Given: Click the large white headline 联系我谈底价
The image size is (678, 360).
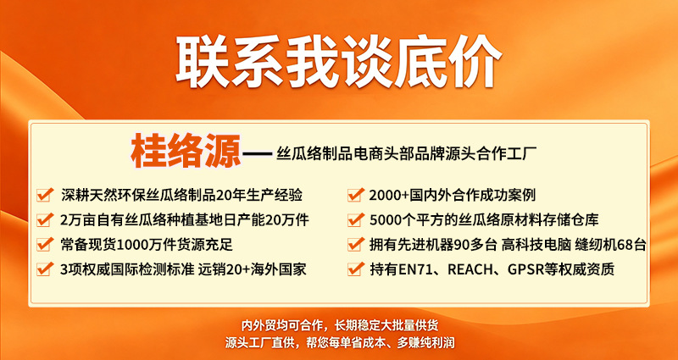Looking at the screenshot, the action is pyautogui.click(x=338, y=62).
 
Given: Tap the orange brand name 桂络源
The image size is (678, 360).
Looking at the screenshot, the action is pyautogui.click(x=186, y=152).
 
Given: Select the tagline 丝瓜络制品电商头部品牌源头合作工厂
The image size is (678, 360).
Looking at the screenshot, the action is pyautogui.click(x=406, y=152).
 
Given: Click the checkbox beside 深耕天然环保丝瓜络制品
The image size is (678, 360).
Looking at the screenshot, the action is pyautogui.click(x=46, y=195).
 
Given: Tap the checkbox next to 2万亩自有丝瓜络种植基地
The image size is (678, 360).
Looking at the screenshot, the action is pyautogui.click(x=46, y=219).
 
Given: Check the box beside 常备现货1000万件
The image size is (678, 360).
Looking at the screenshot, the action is pyautogui.click(x=46, y=244).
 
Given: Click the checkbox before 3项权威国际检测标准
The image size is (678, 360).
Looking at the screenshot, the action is pyautogui.click(x=46, y=269).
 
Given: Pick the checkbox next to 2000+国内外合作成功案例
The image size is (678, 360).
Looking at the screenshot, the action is pyautogui.click(x=355, y=195).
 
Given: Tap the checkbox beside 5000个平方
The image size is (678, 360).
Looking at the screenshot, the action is pyautogui.click(x=355, y=219).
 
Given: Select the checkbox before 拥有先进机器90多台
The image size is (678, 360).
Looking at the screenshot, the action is pyautogui.click(x=355, y=244).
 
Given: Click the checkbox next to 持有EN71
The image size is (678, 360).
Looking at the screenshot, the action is pyautogui.click(x=355, y=269).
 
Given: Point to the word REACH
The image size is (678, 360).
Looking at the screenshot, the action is pyautogui.click(x=469, y=269).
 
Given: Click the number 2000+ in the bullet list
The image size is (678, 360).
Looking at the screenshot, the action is pyautogui.click(x=389, y=196).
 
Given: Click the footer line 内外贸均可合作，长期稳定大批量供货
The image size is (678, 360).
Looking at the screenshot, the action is pyautogui.click(x=340, y=325).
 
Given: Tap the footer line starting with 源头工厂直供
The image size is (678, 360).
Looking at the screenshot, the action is pyautogui.click(x=340, y=343).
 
